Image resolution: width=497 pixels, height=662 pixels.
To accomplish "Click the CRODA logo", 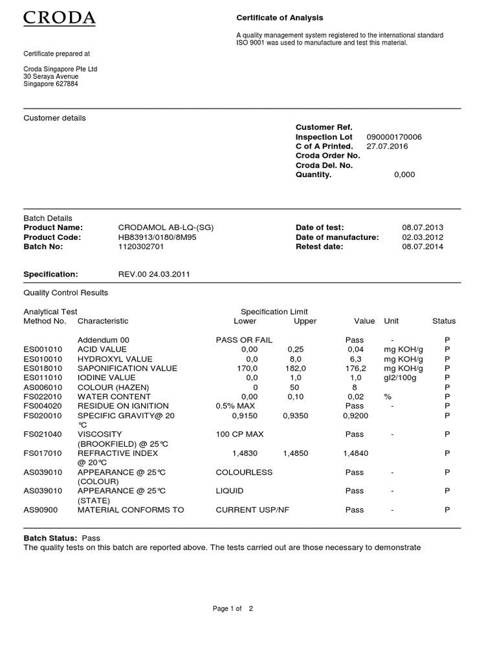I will [x=60, y=17].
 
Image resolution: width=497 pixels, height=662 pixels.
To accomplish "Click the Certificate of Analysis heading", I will [x=280, y=18].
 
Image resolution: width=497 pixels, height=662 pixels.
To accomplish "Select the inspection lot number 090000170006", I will [x=394, y=137].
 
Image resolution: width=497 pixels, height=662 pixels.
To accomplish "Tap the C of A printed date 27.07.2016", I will [x=388, y=146].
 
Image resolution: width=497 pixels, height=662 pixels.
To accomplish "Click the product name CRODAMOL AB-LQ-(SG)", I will [x=166, y=228].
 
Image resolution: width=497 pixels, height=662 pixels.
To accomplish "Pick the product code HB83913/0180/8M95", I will [x=157, y=237].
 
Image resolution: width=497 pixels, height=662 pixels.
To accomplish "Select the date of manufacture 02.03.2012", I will [x=423, y=237].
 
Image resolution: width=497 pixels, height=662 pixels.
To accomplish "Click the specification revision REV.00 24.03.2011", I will [x=154, y=274].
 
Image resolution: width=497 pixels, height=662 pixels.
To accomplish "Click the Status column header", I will [x=444, y=321].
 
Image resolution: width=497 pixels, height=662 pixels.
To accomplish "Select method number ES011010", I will [x=43, y=378].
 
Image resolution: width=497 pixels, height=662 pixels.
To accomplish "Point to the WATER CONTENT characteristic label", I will [x=114, y=396].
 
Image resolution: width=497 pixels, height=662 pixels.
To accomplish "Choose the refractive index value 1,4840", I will [x=355, y=454].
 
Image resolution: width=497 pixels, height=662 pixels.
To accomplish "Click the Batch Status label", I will [x=50, y=538].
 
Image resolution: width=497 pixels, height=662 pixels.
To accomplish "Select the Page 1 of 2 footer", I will [x=233, y=608].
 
